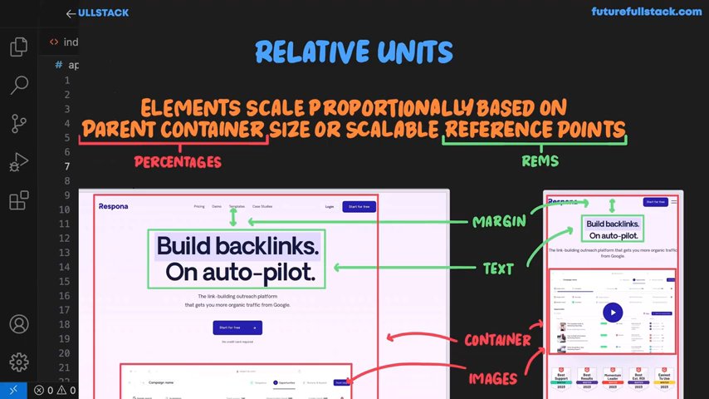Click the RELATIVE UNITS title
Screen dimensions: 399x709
point(354,52)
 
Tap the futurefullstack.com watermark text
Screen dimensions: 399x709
point(646,12)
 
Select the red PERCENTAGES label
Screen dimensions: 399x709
point(178,161)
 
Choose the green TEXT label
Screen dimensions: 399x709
point(498,268)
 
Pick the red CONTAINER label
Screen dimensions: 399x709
point(497,339)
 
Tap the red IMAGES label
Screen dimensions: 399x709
point(493,378)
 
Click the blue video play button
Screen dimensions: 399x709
point(612,313)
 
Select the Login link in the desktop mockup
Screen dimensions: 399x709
point(330,206)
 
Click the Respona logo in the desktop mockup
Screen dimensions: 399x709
point(113,206)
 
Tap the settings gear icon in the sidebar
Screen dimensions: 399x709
point(18,362)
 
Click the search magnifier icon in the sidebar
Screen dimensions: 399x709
point(18,85)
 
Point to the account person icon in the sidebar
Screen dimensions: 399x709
point(18,324)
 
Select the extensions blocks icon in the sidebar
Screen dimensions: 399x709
point(18,200)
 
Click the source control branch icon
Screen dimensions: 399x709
point(18,124)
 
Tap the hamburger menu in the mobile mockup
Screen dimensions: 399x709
point(674,201)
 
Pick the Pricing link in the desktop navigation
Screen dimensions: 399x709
point(199,206)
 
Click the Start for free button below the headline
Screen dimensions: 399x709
point(237,328)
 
